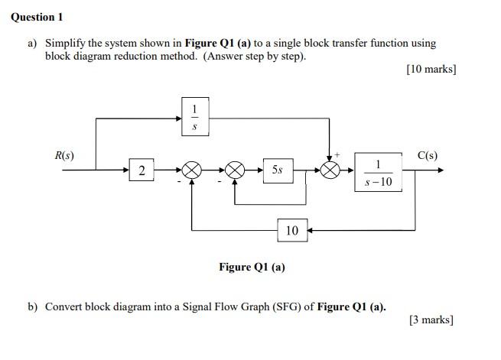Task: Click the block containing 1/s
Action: point(194,117)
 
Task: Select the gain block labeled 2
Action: point(142,170)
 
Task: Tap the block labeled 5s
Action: point(277,170)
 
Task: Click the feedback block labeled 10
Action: point(292,230)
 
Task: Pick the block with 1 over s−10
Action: point(378,172)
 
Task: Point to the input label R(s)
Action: point(64,156)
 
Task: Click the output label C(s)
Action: point(428,156)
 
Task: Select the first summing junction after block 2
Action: point(190,171)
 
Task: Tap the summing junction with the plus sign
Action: point(330,171)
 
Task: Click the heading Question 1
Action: point(37,17)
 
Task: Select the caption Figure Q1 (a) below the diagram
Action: point(252,267)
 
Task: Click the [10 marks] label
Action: point(431,70)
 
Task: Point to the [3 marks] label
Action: point(432,320)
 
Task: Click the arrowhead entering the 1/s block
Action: point(177,118)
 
